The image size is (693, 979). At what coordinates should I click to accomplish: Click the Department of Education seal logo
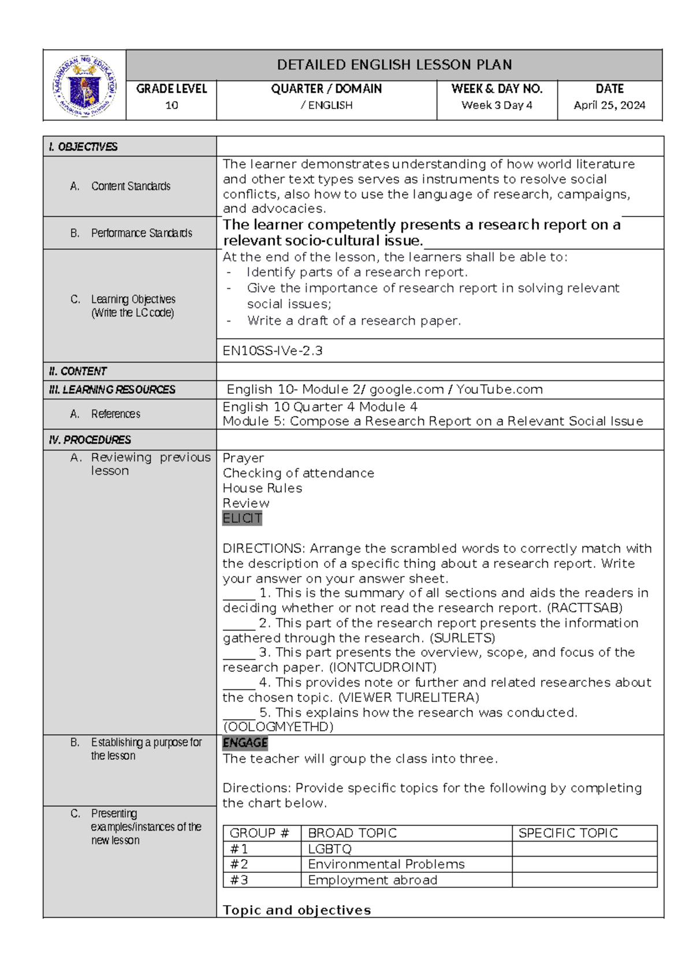pos(84,85)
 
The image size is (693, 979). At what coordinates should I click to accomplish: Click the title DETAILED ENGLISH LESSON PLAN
pos(394,65)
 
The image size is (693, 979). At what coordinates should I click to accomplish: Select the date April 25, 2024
pos(609,105)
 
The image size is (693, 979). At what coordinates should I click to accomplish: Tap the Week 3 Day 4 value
pos(497,105)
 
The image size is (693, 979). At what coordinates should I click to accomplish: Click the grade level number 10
pos(172,105)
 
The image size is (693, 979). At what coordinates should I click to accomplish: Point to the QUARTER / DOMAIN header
pos(326,88)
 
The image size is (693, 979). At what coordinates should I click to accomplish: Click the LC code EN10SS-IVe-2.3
pos(273,350)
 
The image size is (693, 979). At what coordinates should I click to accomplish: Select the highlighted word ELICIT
pos(243,518)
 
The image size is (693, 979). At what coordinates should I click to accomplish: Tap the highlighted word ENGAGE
pos(245,743)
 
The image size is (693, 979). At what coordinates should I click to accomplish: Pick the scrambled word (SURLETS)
pos(463,638)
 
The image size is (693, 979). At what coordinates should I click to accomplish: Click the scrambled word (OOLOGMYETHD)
pos(278,727)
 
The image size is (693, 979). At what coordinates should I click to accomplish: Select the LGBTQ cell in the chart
pos(330,849)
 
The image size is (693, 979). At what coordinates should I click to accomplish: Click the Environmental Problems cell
pos(386,864)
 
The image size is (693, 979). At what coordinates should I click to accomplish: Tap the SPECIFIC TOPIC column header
pos(568,833)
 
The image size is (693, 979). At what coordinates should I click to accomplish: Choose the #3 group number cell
pos(239,880)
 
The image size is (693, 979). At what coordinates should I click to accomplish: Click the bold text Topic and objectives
pos(297,910)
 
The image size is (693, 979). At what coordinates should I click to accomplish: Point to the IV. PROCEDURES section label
pos(90,440)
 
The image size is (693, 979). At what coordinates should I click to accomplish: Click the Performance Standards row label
pos(141,233)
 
